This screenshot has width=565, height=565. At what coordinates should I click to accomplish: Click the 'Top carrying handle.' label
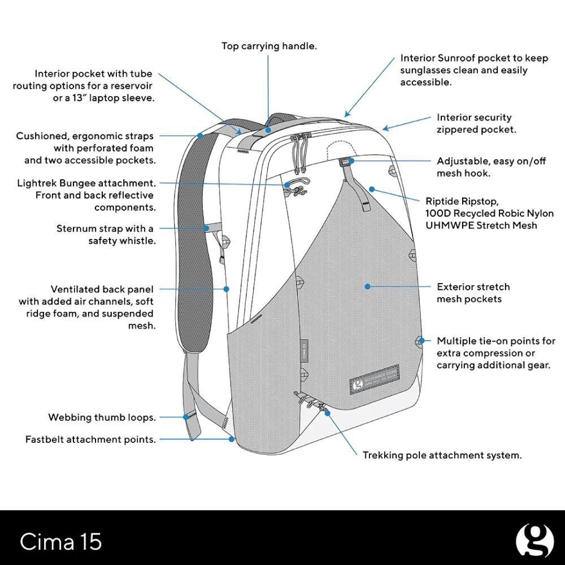(x=268, y=46)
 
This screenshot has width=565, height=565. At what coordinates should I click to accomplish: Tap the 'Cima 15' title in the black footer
(x=61, y=541)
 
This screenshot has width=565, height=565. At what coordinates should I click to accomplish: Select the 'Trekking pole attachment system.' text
(x=442, y=455)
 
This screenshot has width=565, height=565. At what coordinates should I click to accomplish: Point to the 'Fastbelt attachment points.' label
(x=90, y=439)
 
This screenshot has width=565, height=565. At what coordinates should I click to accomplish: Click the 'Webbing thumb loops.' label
(x=102, y=418)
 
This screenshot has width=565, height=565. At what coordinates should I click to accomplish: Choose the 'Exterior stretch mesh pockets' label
(x=473, y=293)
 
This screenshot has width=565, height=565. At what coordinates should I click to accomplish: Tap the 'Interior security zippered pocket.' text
(x=476, y=123)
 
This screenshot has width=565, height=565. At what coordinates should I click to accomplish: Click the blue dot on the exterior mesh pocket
(x=367, y=286)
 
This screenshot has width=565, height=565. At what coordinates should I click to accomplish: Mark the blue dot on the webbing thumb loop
(x=186, y=418)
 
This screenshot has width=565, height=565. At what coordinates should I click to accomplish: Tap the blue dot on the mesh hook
(x=351, y=161)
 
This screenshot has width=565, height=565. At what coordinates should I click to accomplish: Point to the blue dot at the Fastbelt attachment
(x=231, y=438)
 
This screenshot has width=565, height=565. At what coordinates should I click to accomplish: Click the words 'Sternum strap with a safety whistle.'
(x=106, y=234)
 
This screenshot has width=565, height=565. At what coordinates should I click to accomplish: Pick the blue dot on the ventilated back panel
(x=227, y=289)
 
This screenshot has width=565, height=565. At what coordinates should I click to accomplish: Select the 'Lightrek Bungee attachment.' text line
(x=86, y=183)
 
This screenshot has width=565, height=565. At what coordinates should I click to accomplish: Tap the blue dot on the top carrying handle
(x=268, y=129)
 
